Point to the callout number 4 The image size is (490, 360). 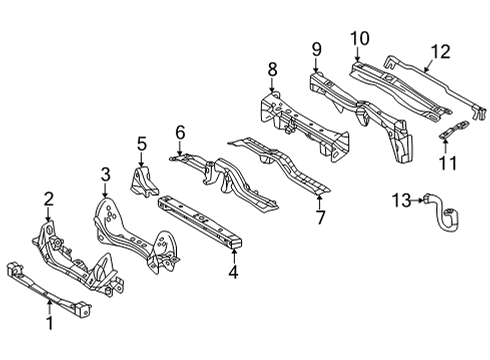point(233,272)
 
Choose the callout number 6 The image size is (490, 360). point(180,131)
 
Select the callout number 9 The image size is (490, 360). point(316,48)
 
